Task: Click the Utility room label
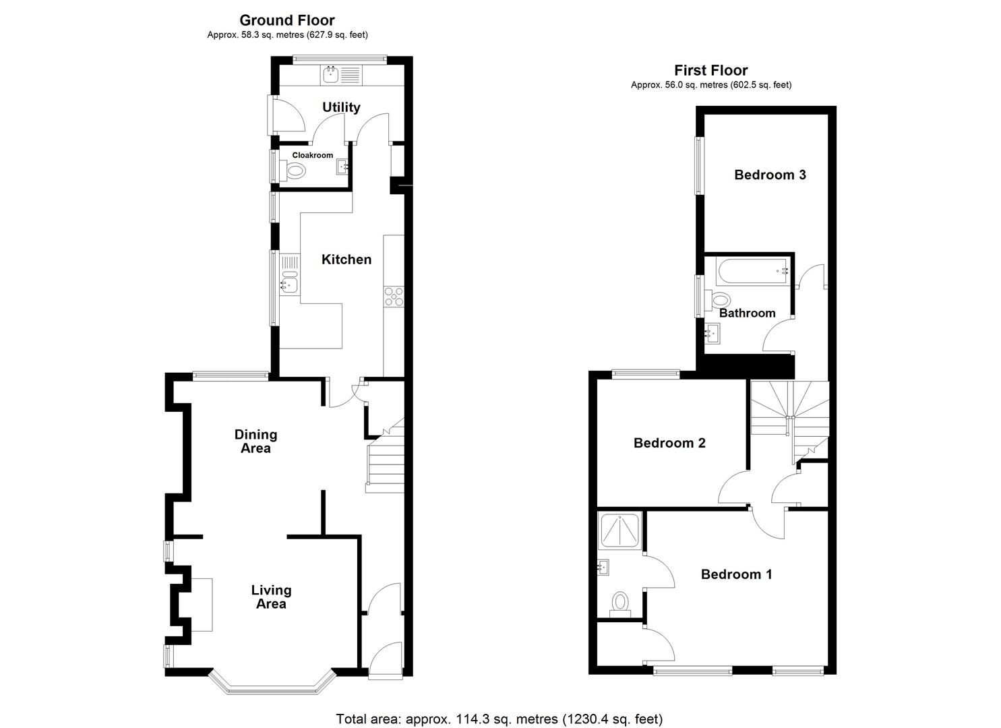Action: (x=341, y=107)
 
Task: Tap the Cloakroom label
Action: (x=313, y=155)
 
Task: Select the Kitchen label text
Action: (x=346, y=260)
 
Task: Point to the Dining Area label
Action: (x=256, y=442)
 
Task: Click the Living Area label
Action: (x=271, y=597)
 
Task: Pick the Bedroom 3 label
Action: (x=770, y=175)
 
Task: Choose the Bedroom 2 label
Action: (x=669, y=443)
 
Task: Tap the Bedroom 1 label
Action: (x=736, y=574)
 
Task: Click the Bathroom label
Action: (x=747, y=313)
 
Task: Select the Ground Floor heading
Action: (x=287, y=20)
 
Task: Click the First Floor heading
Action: (x=711, y=70)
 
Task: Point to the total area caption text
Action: (x=499, y=719)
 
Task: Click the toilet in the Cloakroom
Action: (x=295, y=171)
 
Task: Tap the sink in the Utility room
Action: (x=331, y=74)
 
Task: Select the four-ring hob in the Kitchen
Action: (x=394, y=297)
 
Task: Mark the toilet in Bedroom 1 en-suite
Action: (x=619, y=602)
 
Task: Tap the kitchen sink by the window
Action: (x=290, y=283)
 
